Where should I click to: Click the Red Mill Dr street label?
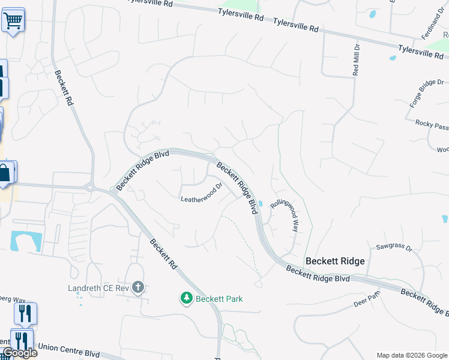tap(356, 59)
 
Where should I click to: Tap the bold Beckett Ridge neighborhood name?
tap(335, 261)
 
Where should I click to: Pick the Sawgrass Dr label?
tap(394, 247)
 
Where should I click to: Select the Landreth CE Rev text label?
tap(98, 287)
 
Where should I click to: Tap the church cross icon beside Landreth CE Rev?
tap(138, 287)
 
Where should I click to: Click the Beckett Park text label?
tap(219, 298)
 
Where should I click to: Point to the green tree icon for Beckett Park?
tap(187, 298)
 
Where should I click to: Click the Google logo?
tap(20, 353)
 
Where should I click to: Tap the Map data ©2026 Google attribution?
tap(412, 355)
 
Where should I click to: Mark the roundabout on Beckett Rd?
tap(91, 187)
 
